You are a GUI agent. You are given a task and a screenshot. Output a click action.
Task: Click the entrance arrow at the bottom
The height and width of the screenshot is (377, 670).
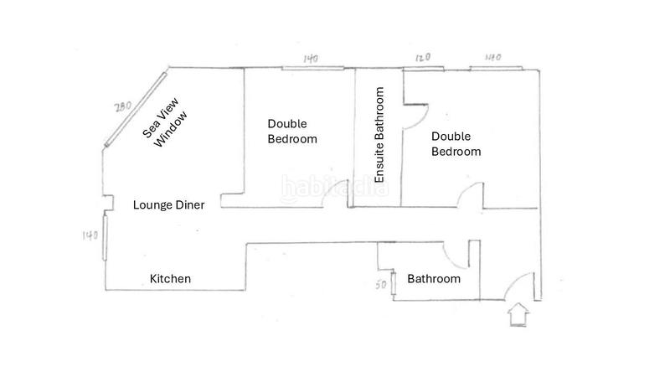(x=518, y=315)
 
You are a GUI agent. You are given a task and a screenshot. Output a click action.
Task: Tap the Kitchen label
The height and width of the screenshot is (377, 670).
(x=170, y=279)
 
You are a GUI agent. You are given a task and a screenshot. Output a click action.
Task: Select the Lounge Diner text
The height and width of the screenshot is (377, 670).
(x=169, y=205)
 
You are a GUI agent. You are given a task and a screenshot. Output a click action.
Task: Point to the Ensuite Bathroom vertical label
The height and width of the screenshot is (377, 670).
(x=379, y=135)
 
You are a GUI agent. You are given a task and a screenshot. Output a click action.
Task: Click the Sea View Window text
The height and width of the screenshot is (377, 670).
(x=165, y=123)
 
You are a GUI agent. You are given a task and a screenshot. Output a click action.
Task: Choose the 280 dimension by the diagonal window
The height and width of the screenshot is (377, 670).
(x=122, y=106)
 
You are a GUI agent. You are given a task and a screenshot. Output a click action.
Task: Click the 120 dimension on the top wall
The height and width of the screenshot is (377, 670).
(x=423, y=57)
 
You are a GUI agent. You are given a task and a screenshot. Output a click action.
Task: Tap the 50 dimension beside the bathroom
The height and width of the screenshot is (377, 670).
(x=381, y=285)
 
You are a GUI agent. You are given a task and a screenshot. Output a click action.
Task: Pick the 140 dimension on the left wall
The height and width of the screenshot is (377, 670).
(x=90, y=235)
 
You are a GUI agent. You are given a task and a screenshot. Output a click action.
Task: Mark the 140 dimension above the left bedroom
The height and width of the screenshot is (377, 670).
(x=311, y=59)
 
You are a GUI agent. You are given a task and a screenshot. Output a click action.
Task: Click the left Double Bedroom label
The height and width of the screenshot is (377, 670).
(x=292, y=132)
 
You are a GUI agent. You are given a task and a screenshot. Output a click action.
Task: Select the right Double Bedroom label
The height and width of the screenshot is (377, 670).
(x=456, y=144)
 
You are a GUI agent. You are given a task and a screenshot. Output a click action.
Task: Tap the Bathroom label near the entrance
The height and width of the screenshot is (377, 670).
(x=434, y=279)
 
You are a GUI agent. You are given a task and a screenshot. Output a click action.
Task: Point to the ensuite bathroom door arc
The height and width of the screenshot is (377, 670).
(x=415, y=116)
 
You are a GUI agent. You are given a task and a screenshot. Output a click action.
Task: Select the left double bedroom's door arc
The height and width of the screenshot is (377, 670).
(x=335, y=194)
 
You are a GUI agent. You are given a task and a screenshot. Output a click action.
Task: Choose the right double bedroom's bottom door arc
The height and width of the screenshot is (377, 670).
(x=470, y=195)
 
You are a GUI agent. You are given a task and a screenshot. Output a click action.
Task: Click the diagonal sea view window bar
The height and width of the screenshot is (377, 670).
(x=135, y=110)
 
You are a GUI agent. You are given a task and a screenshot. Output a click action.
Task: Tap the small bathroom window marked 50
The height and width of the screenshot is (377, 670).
(x=393, y=283)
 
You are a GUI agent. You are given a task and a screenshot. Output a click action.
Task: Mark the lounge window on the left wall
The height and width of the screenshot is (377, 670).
(x=105, y=237)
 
